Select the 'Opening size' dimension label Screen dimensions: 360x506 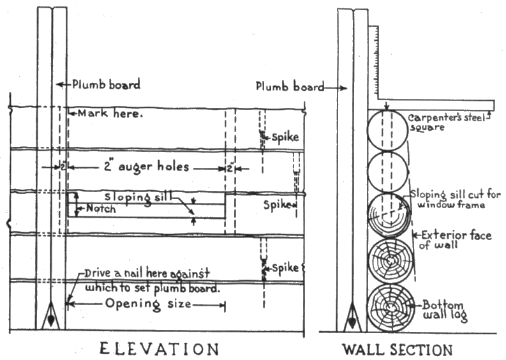[x=148, y=304]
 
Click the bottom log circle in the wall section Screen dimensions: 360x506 [x=391, y=308]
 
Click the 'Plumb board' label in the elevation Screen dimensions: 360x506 [x=105, y=84]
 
